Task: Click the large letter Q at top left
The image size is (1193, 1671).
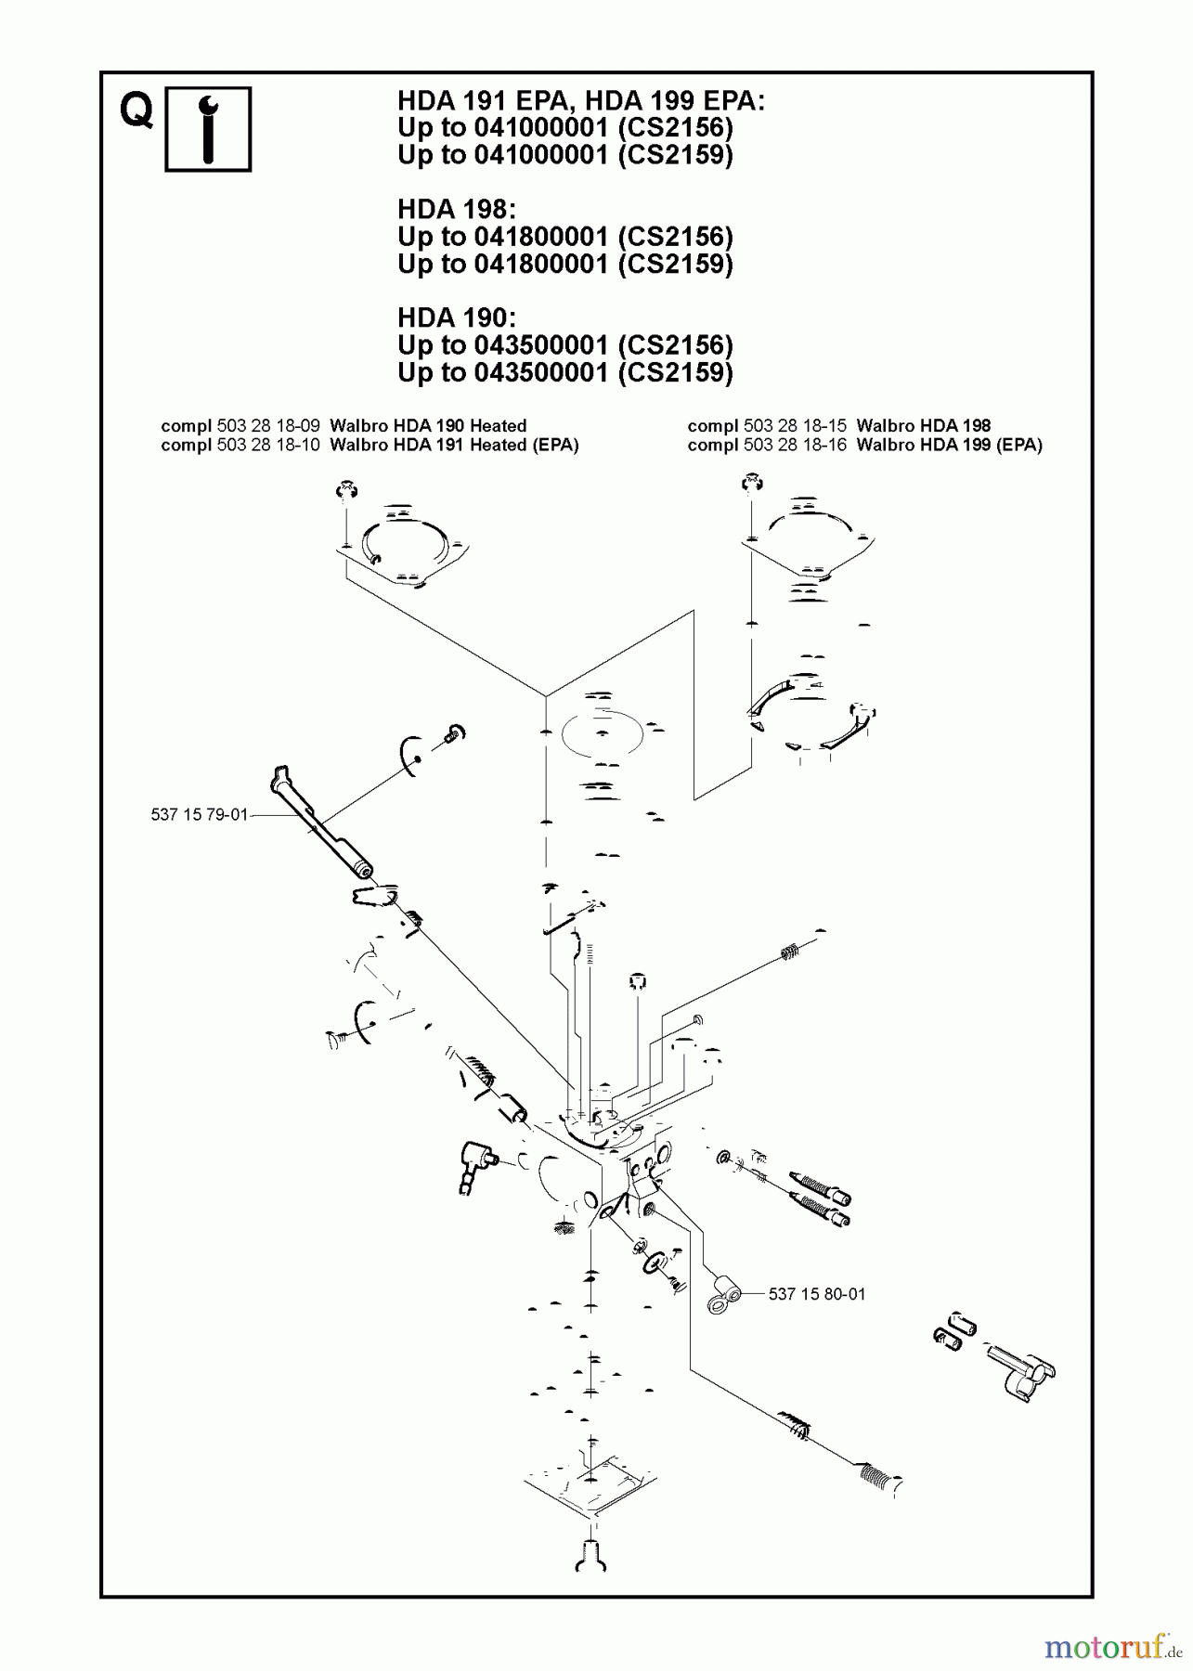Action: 136,112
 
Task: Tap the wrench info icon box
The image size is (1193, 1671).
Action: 208,129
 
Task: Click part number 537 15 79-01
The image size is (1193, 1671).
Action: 199,815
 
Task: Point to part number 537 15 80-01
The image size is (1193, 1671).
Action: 816,1293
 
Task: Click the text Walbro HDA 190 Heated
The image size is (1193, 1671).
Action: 428,426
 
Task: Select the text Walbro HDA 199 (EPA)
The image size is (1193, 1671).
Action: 949,445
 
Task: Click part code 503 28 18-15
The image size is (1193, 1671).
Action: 795,426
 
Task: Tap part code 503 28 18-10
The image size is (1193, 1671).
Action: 268,445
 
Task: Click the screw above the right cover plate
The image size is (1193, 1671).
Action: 749,484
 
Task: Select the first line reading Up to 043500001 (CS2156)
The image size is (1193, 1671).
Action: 564,345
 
